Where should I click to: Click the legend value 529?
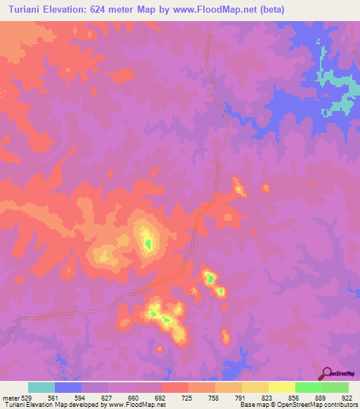tap(27, 397)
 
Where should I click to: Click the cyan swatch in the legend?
tap(41, 387)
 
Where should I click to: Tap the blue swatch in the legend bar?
tap(68, 387)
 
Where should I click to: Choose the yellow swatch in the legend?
tap(282, 387)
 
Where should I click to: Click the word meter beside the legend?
tap(10, 397)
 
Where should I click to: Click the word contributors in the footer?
tap(341, 405)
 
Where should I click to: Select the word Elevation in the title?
tap(70, 9)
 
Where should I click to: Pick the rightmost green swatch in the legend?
tap(335, 387)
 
